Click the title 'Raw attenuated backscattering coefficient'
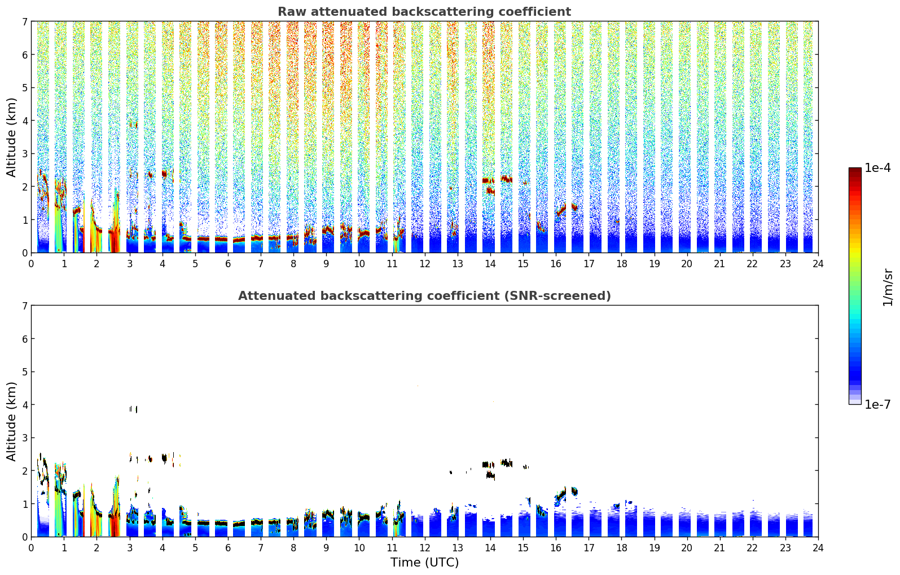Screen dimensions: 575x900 coord(424,12)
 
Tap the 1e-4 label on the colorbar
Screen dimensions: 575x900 coord(877,168)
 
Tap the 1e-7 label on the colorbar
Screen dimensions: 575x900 coord(877,404)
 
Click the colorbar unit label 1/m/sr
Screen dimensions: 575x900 coord(888,287)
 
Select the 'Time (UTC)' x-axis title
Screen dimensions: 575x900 coord(424,562)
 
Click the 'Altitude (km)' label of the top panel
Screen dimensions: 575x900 coord(12,137)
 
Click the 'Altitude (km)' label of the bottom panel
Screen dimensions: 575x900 coord(12,421)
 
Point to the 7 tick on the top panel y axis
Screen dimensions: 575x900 coord(24,21)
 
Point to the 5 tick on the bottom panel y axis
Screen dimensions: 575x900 coord(24,372)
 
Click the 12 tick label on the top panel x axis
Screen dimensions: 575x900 coord(424,263)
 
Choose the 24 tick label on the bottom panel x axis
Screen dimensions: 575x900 coord(818,547)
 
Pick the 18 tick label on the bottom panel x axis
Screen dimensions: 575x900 coord(621,547)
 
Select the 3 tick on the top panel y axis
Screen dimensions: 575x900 coord(24,154)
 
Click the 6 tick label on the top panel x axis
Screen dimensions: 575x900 coord(228,263)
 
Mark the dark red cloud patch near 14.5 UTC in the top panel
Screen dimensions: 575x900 coord(506,179)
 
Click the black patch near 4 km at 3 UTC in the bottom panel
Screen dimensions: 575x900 coord(133,409)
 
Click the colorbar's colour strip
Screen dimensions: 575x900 coord(854,286)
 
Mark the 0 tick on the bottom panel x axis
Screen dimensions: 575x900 coord(31,547)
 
